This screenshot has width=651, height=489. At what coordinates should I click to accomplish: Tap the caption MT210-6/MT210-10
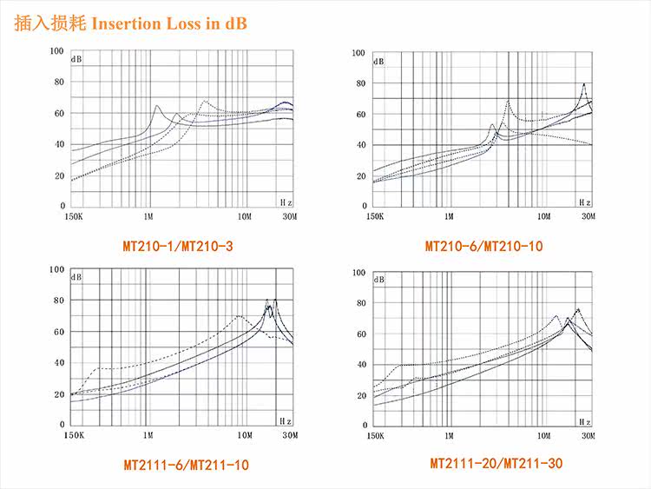[x=483, y=247]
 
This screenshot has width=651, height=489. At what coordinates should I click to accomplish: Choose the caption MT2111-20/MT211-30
[x=496, y=464]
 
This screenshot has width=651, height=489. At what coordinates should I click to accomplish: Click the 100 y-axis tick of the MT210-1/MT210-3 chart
[x=56, y=51]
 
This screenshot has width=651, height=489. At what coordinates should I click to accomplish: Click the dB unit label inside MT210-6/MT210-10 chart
[x=379, y=62]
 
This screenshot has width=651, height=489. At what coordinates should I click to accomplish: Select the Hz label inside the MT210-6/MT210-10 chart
[x=584, y=201]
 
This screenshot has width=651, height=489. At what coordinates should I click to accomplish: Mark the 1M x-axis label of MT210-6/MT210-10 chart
[x=448, y=216]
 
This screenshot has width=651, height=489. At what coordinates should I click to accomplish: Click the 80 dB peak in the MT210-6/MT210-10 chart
[x=584, y=84]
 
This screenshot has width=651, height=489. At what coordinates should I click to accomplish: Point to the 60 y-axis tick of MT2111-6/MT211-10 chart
[x=58, y=332]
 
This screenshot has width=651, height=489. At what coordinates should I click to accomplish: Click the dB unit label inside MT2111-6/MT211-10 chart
[x=76, y=278]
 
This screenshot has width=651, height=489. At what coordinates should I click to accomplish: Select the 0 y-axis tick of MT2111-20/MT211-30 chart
[x=362, y=426]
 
